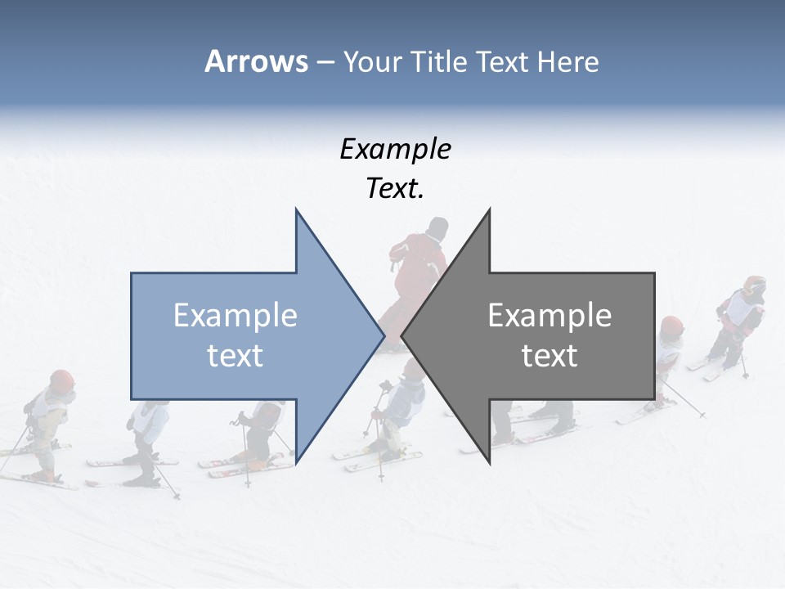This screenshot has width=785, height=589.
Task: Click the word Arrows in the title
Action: pos(255,61)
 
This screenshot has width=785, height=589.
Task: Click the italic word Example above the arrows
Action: pos(395,150)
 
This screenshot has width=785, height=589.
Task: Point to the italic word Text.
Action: pos(395,189)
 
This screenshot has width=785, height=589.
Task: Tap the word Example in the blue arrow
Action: pos(235,316)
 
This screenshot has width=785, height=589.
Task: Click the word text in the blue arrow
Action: pos(235,356)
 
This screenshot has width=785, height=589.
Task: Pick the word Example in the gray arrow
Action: pos(549,316)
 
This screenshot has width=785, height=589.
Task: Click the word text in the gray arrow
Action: pos(549,356)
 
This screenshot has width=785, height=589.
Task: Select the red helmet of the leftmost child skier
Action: pos(61,380)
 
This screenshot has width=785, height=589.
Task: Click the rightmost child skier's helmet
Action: pos(755,286)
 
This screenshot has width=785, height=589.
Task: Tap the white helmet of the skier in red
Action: pos(438,227)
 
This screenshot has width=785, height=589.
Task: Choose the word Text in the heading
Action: pos(504,62)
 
